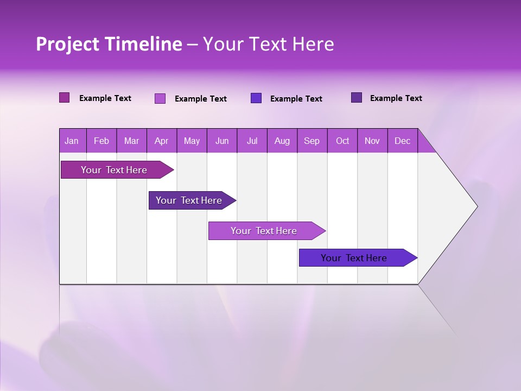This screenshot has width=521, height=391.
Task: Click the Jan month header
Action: [72, 141]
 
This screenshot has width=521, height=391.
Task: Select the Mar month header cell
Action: [131, 141]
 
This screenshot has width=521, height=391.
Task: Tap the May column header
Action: [192, 141]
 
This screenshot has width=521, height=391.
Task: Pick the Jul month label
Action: [252, 141]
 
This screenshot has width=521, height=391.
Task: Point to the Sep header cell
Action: [312, 141]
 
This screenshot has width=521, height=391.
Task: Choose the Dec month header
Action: [402, 141]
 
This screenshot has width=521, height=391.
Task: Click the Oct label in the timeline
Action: [342, 141]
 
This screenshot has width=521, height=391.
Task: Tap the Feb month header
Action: [101, 141]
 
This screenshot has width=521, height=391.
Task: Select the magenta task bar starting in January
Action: [114, 170]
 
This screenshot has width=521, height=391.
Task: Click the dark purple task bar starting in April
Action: [189, 200]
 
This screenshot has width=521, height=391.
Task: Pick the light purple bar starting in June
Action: [264, 231]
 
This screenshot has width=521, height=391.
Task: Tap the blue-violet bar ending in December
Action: [354, 258]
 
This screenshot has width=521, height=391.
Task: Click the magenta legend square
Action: [65, 98]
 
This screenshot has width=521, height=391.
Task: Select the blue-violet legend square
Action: [256, 98]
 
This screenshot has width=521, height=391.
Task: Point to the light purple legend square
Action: [160, 98]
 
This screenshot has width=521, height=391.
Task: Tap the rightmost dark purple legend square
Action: [357, 98]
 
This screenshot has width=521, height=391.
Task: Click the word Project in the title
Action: [68, 44]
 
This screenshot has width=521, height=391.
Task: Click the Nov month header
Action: [372, 141]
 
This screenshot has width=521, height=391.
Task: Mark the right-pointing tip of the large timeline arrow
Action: [476, 206]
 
